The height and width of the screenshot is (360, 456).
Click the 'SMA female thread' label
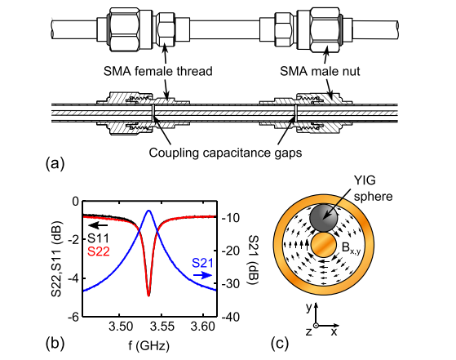[x=158, y=71]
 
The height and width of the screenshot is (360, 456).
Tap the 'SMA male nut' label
[x=320, y=71]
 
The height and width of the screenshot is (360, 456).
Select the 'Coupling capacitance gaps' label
[x=225, y=153]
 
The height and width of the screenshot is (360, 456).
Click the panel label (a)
[x=55, y=163]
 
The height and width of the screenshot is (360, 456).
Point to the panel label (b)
[x=55, y=343]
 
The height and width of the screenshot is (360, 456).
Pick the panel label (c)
[x=280, y=343]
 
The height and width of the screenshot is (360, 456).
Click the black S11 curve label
[x=98, y=238]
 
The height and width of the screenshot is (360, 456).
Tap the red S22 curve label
[x=99, y=251]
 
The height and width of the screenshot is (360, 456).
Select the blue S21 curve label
[x=202, y=263]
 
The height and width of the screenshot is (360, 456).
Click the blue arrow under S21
[x=203, y=275]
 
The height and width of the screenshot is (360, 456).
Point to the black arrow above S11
[x=98, y=225]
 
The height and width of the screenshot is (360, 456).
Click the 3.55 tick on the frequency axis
[x=162, y=327]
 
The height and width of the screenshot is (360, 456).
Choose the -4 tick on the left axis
[x=73, y=279]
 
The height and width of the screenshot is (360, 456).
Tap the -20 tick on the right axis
[x=231, y=251]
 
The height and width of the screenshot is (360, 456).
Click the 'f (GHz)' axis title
[x=149, y=345]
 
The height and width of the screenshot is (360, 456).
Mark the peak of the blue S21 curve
[x=149, y=211]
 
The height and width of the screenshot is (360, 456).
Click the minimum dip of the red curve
[x=148, y=296]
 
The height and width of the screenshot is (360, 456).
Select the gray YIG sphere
[x=324, y=218]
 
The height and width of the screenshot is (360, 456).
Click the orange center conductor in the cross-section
[x=324, y=244]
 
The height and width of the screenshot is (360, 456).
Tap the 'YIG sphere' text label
[x=373, y=189]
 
